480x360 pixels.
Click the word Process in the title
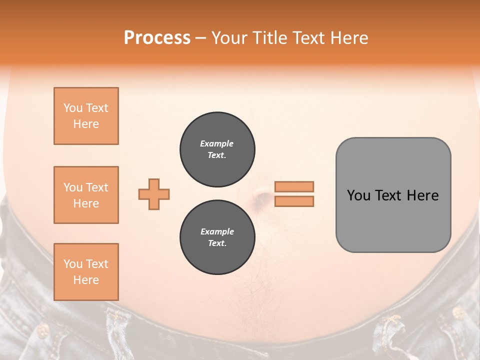pos(157,38)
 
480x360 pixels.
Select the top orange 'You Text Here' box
pos(86,116)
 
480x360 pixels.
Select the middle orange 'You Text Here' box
pos(86,195)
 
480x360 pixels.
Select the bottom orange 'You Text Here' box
pos(86,272)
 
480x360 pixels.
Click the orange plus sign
pos(154,194)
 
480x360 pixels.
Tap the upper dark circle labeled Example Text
pos(217,149)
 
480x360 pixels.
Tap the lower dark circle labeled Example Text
pos(217,237)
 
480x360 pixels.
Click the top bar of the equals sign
pos(294,186)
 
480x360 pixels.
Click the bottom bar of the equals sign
pos(294,201)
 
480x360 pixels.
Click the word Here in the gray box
pos(422,195)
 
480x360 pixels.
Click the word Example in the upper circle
pos(216,143)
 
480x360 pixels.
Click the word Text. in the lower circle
pos(217,243)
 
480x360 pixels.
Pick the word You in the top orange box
pos(72,108)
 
